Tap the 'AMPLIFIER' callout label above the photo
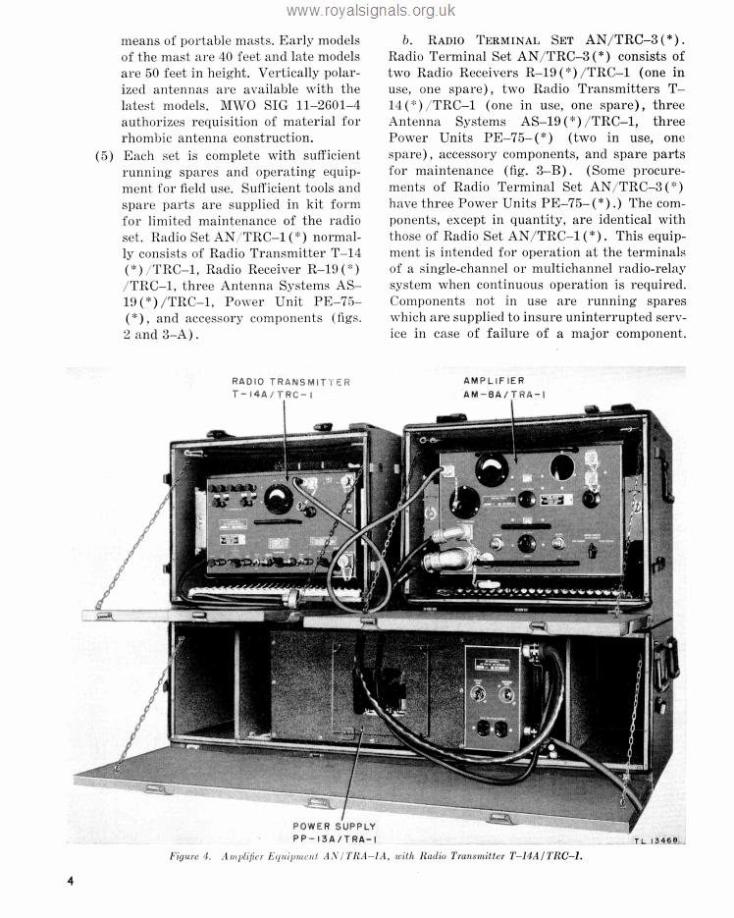pyautogui.click(x=494, y=380)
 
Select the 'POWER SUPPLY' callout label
pyautogui.click(x=334, y=826)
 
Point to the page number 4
pyautogui.click(x=71, y=880)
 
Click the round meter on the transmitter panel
pyautogui.click(x=279, y=500)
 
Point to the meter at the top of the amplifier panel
pyautogui.click(x=493, y=469)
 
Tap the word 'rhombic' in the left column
pyautogui.click(x=149, y=137)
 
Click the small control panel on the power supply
pyautogui.click(x=493, y=697)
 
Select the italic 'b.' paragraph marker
pyautogui.click(x=407, y=41)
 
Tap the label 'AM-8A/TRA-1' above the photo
pyautogui.click(x=504, y=393)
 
